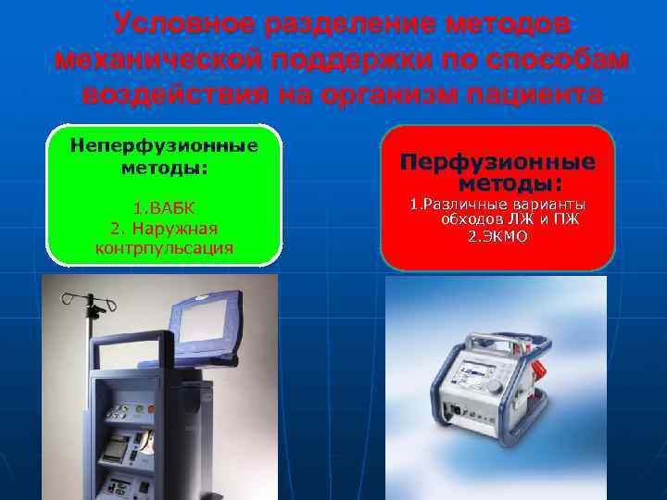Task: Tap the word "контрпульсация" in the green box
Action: click(x=164, y=247)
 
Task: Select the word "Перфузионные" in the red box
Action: click(x=497, y=162)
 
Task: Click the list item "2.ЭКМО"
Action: click(x=497, y=236)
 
